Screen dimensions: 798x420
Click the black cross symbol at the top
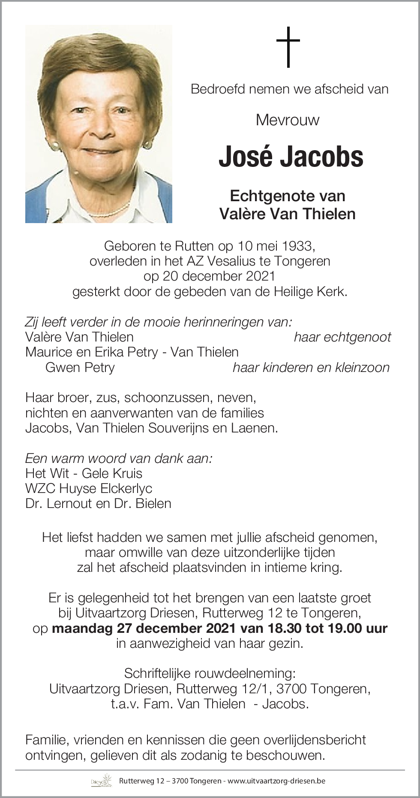pyautogui.click(x=288, y=47)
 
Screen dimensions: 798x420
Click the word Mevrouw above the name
pyautogui.click(x=288, y=120)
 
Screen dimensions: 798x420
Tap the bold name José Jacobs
pyautogui.click(x=291, y=157)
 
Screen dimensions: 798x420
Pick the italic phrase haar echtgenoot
pyautogui.click(x=342, y=337)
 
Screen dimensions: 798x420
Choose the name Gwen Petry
pyautogui.click(x=80, y=367)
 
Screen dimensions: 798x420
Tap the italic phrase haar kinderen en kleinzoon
pyautogui.click(x=311, y=367)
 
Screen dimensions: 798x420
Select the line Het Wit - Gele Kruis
pyautogui.click(x=84, y=473)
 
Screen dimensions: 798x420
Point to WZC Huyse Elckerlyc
pyautogui.click(x=89, y=488)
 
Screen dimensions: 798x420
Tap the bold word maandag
pyautogui.click(x=82, y=628)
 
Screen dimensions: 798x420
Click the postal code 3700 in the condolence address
pyautogui.click(x=291, y=689)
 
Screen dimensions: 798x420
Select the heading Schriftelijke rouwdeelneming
pyautogui.click(x=210, y=673)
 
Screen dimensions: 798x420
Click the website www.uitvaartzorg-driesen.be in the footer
pyautogui.click(x=276, y=781)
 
